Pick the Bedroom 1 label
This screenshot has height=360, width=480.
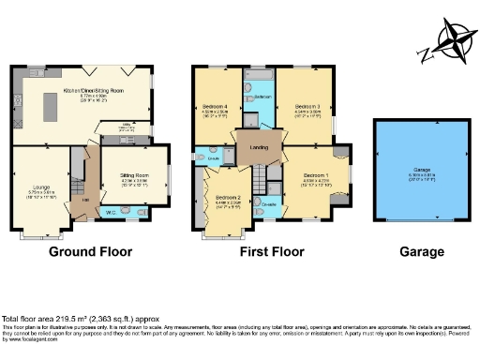point(313,175)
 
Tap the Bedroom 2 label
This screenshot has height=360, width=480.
point(228,198)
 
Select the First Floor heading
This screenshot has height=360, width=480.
point(269,251)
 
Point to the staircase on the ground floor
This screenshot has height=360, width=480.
point(75,170)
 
